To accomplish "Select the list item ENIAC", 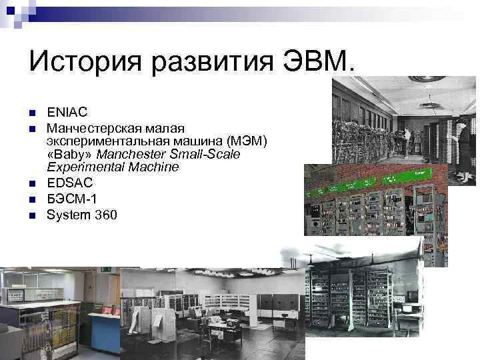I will (67, 113).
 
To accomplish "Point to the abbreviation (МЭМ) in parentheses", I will (246, 141).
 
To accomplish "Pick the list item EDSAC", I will (70, 182).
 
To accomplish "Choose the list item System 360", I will (81, 215).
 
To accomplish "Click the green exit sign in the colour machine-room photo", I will (106, 269).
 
